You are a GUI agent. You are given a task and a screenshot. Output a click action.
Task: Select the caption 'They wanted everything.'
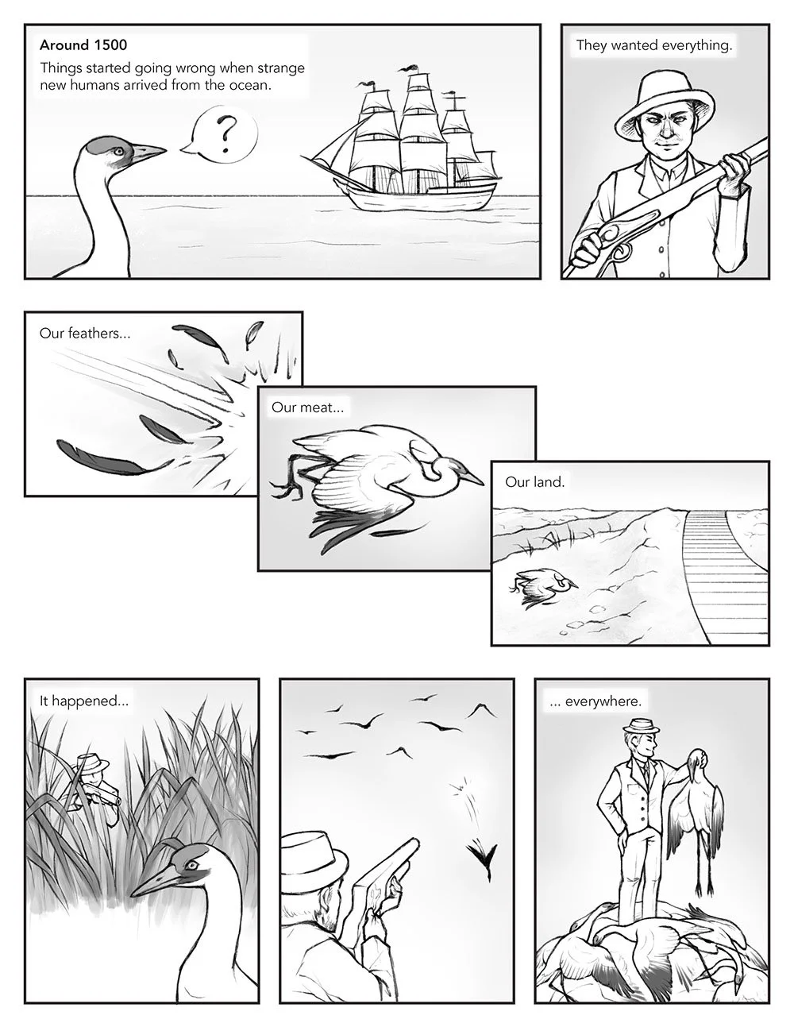click(x=653, y=45)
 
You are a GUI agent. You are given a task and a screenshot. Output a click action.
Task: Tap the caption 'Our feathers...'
click(x=84, y=333)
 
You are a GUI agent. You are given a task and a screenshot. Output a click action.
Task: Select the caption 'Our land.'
click(x=534, y=481)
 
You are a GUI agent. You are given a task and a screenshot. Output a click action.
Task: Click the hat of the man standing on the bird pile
click(x=634, y=727)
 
